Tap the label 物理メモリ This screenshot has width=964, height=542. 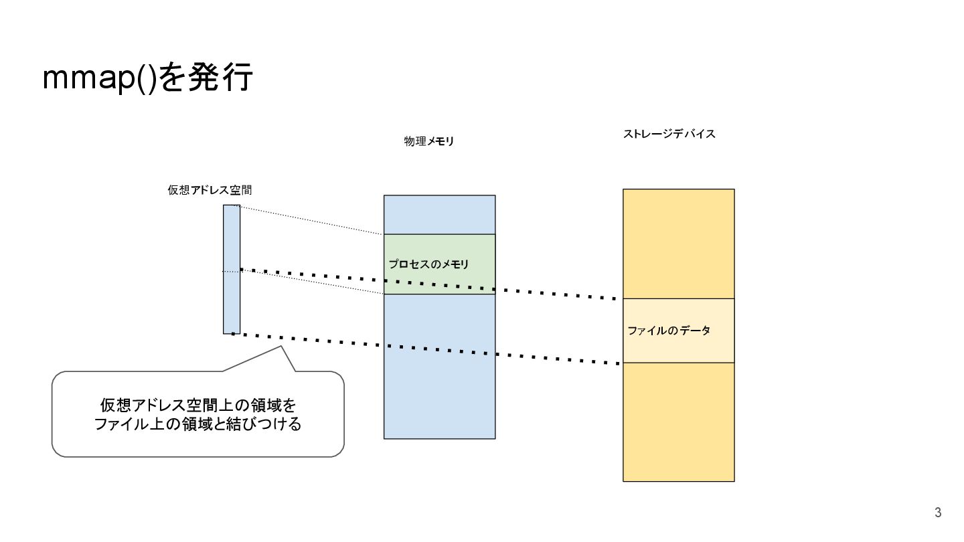coord(428,142)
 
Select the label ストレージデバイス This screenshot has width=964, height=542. coord(669,134)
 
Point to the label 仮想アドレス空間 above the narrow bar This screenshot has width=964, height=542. coord(210,190)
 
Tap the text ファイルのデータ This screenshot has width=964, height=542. coord(669,331)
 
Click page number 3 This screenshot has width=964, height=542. coord(938,513)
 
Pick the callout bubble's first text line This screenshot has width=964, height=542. coord(197,405)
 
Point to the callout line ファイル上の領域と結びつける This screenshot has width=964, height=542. coord(197,424)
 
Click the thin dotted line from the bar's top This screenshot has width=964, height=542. coord(311,220)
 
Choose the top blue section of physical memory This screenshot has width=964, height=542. coord(439,214)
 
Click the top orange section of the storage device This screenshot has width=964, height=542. coord(678,244)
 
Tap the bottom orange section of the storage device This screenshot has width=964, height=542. coord(678,422)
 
